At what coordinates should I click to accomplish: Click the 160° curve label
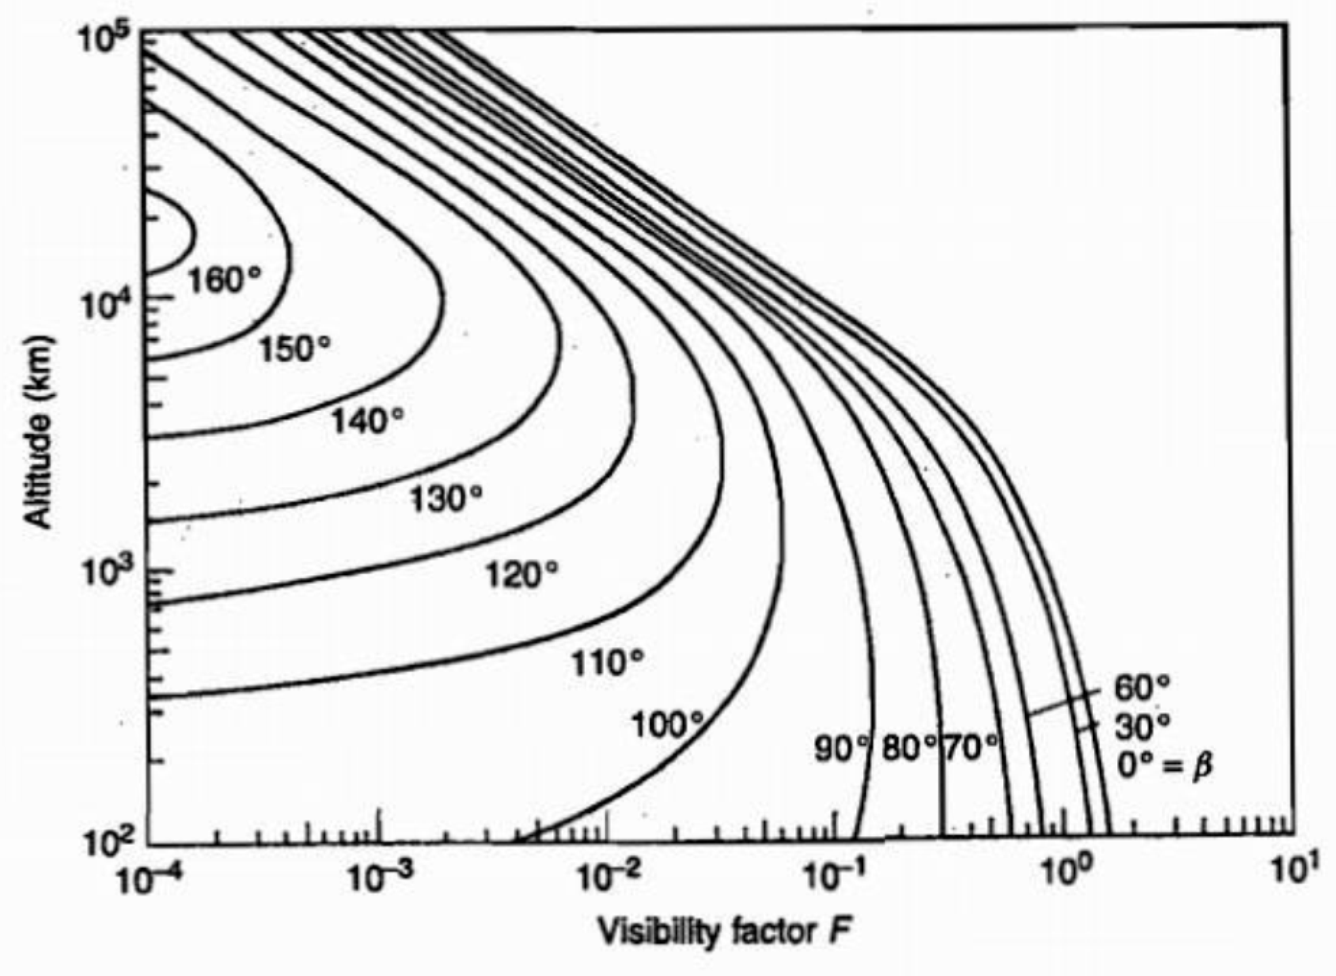(x=224, y=280)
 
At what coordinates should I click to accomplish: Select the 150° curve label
(x=295, y=350)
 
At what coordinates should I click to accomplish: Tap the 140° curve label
(x=367, y=421)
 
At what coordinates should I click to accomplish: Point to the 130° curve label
(x=445, y=500)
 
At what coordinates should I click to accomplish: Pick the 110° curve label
(x=606, y=663)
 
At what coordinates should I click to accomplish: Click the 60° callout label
(x=1142, y=687)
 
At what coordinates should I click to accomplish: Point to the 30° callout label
(x=1142, y=727)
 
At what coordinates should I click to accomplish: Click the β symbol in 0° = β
(x=1202, y=766)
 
